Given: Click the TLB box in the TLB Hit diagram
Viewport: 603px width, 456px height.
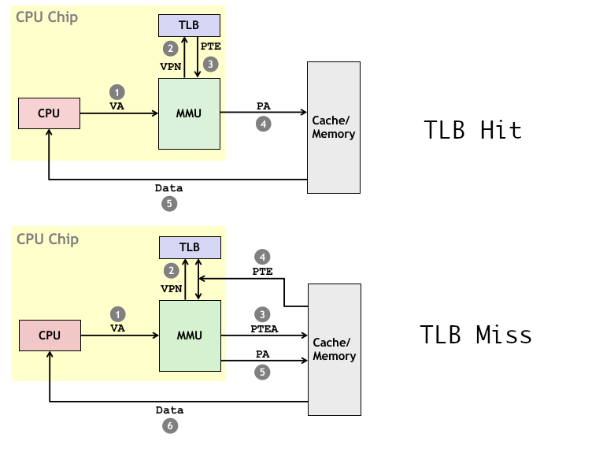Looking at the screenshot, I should (189, 25).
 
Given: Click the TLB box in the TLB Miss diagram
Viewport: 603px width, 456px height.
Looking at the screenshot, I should (190, 247).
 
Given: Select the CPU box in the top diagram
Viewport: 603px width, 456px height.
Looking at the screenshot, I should (49, 113).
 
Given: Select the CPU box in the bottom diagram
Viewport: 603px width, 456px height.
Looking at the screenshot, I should (50, 336).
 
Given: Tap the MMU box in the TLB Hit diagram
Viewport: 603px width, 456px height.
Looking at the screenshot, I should (189, 113).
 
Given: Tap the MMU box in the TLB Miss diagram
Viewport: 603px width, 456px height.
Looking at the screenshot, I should (190, 336).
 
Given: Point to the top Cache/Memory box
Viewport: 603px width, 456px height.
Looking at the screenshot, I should (333, 127).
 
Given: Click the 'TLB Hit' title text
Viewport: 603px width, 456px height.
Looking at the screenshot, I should (472, 130).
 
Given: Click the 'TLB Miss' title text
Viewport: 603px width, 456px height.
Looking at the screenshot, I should (476, 335).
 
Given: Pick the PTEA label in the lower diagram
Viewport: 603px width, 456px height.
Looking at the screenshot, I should (263, 328).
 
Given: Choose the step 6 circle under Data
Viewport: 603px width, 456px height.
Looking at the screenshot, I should (169, 426).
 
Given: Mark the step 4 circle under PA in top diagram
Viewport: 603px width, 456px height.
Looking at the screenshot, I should (263, 124).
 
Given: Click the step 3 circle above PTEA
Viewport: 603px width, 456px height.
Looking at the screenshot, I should (262, 314).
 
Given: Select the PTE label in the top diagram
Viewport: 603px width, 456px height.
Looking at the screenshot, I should (211, 46).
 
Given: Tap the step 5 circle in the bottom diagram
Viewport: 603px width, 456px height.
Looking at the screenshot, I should (262, 372).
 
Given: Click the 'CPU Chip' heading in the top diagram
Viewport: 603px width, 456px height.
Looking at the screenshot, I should (47, 17).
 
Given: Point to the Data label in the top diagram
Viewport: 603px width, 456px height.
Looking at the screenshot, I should (168, 188).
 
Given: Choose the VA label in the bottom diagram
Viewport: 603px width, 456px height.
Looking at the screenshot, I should (118, 328).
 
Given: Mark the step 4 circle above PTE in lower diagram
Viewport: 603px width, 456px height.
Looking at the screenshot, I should (262, 257).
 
